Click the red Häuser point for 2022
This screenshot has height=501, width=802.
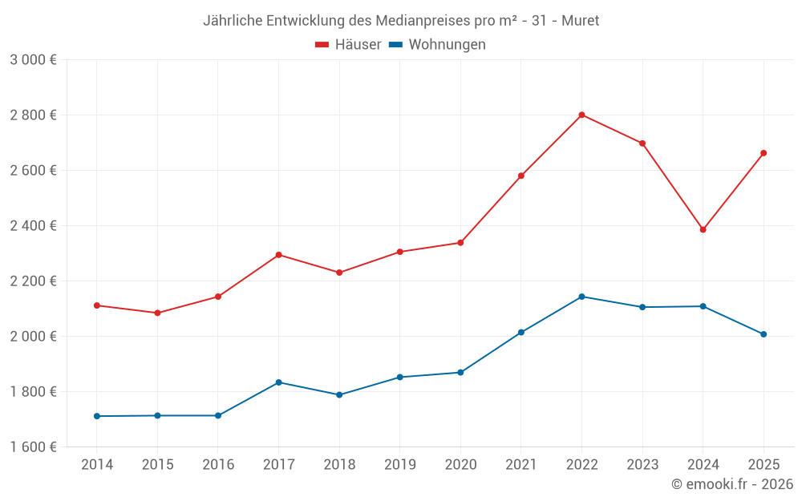tap(581, 115)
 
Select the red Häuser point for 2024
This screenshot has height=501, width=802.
tap(703, 230)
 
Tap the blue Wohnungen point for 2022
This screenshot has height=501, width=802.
tap(581, 297)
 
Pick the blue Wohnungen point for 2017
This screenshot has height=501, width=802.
tap(278, 382)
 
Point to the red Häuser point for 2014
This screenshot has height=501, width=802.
tap(97, 305)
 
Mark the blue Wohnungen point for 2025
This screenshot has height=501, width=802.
tap(764, 334)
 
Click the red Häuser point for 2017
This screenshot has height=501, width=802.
tap(278, 255)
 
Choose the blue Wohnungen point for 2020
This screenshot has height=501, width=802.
tap(460, 373)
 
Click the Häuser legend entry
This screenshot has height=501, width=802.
tap(348, 45)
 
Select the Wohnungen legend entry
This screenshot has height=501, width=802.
tap(437, 45)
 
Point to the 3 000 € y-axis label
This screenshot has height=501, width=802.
tap(33, 60)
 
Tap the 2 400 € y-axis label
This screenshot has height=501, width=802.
tap(33, 226)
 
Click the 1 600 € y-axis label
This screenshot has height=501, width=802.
tap(33, 447)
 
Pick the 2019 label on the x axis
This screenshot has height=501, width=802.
tap(399, 465)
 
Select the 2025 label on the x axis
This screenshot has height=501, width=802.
tap(764, 465)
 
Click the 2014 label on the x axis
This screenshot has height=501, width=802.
tap(97, 465)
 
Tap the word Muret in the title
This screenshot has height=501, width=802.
tap(580, 20)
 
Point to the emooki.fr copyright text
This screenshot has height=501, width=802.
tap(732, 484)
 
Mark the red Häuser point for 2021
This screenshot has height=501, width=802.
tap(521, 176)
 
